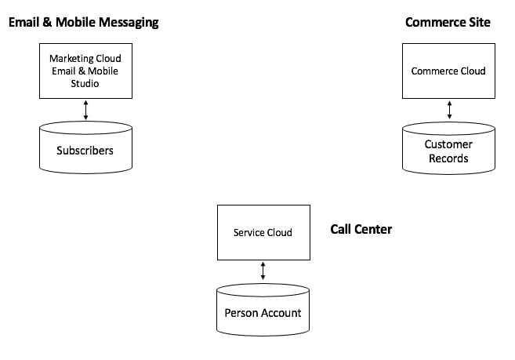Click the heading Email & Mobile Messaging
[x=83, y=23]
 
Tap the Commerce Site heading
[x=448, y=22]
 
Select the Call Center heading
[x=361, y=229]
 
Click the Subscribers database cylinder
[x=85, y=147]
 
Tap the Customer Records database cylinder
[x=448, y=148]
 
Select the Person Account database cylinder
[x=263, y=310]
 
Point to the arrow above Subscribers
[x=85, y=110]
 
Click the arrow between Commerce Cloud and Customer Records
[x=449, y=110]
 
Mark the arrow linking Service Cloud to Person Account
[x=263, y=271]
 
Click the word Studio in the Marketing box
[x=85, y=83]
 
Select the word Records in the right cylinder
[x=448, y=158]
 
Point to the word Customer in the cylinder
[x=448, y=144]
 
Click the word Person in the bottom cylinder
[x=241, y=313]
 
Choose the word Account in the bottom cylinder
[x=281, y=313]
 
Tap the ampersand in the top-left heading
[x=47, y=22]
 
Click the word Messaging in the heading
[x=129, y=23]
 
